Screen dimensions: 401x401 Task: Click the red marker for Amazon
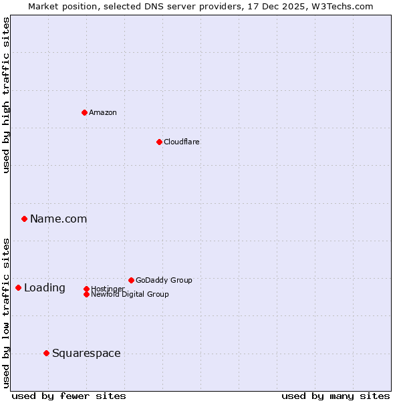click(x=84, y=112)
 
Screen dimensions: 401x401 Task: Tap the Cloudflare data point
click(x=159, y=142)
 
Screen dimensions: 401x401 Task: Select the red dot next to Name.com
click(x=24, y=219)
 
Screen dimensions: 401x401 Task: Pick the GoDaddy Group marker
click(x=131, y=280)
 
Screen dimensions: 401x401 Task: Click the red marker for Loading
click(x=18, y=287)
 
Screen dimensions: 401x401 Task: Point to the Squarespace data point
click(x=46, y=353)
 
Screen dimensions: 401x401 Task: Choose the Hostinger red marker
click(x=86, y=289)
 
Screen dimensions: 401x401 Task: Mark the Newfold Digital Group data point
click(x=86, y=294)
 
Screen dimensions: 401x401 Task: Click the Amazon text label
click(x=103, y=112)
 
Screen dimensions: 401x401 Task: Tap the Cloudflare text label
click(x=182, y=142)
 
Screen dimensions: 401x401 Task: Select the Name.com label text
click(x=59, y=219)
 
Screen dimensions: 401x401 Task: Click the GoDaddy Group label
click(x=164, y=280)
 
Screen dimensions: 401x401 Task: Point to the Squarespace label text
click(x=86, y=353)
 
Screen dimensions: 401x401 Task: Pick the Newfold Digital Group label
click(x=130, y=295)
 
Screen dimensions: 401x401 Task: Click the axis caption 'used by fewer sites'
click(x=69, y=396)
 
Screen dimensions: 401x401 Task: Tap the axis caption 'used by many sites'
click(x=336, y=396)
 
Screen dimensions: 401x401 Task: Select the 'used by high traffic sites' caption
click(x=7, y=96)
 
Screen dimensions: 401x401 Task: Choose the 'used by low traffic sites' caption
click(x=7, y=312)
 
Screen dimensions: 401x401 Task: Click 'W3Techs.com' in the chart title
click(x=340, y=6)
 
